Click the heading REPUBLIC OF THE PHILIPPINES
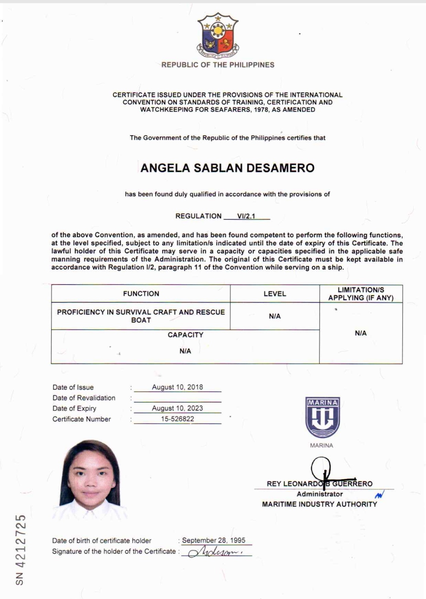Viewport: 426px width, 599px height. point(218,65)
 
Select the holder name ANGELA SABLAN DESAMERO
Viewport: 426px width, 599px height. point(228,168)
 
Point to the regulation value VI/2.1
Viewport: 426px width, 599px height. point(246,216)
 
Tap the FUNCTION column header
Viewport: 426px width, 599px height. point(141,294)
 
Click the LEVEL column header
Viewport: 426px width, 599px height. point(275,294)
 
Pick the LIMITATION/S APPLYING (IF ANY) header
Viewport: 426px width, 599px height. point(361,294)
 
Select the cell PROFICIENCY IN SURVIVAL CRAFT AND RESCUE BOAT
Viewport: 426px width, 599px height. point(141,316)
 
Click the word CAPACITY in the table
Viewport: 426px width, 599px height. point(185,335)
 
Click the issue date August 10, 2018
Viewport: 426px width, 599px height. point(177,387)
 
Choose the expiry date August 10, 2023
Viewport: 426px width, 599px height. point(177,408)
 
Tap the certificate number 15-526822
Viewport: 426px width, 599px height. point(177,419)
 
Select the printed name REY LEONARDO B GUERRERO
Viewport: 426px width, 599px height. point(319,484)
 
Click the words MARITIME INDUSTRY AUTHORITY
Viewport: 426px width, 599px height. point(319,504)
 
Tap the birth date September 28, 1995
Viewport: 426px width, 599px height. point(213,540)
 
